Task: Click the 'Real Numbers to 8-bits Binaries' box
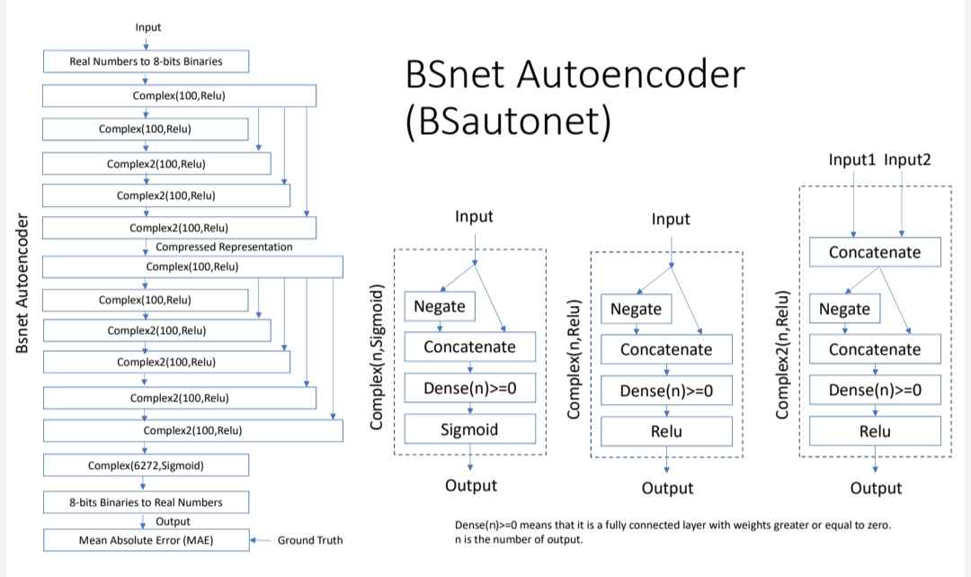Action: [x=146, y=61]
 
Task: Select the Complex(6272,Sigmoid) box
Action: [x=146, y=465]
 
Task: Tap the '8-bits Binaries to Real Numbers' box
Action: [x=146, y=501]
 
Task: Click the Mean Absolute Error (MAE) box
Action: [x=146, y=540]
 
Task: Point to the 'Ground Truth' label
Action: [x=309, y=540]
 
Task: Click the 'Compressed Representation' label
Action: [x=224, y=247]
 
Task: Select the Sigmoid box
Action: [x=469, y=429]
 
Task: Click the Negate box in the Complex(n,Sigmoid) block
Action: [x=440, y=306]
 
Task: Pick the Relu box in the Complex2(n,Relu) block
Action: [x=875, y=431]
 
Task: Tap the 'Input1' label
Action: [x=852, y=159]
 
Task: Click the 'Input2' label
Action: [x=907, y=159]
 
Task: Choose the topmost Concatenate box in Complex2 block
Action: [x=875, y=252]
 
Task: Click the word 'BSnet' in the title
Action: [x=457, y=74]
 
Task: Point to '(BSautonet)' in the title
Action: [x=508, y=122]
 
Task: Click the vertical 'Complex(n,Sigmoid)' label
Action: [x=377, y=356]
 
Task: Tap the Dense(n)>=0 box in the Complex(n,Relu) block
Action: [x=666, y=391]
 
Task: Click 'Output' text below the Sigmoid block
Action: [x=471, y=485]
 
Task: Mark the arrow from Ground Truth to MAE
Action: [x=260, y=540]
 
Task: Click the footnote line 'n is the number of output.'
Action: [x=519, y=540]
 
